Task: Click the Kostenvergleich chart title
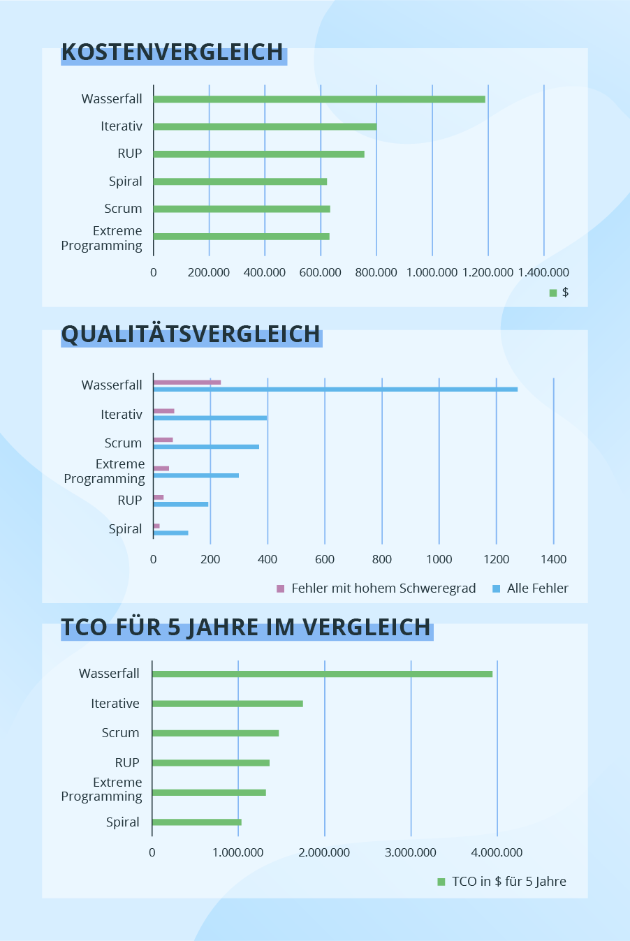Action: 173,52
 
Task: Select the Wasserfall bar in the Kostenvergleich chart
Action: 318,99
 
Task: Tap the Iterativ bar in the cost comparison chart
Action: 265,126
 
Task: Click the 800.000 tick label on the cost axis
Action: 376,272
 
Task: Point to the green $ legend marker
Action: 553,292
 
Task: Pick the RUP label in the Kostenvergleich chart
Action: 130,154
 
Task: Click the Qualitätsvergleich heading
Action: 191,334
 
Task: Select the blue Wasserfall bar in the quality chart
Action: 335,389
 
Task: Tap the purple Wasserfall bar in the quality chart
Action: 186,382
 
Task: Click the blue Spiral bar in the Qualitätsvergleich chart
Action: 170,533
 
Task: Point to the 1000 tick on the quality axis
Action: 439,559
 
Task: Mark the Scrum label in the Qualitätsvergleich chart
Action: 123,443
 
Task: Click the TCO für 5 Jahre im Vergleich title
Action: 246,628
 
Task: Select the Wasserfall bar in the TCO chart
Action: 322,674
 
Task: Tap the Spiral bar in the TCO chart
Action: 196,822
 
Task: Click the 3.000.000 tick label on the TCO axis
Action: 411,852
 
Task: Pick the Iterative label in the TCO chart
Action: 115,704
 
